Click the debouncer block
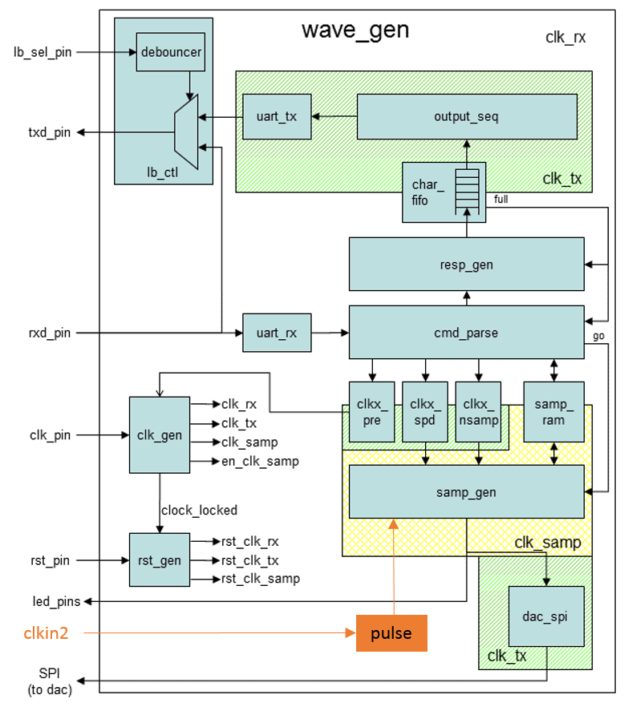171,54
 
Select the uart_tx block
277,116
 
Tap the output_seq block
466,116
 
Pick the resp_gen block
466,264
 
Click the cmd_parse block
466,332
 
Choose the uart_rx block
277,333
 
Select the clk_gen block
159,435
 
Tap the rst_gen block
159,560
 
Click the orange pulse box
391,633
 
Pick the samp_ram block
553,412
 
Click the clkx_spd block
424,412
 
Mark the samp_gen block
466,492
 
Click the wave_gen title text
355,30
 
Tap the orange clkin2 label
45,633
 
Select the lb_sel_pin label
43,53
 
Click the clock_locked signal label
200,510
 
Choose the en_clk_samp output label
260,461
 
